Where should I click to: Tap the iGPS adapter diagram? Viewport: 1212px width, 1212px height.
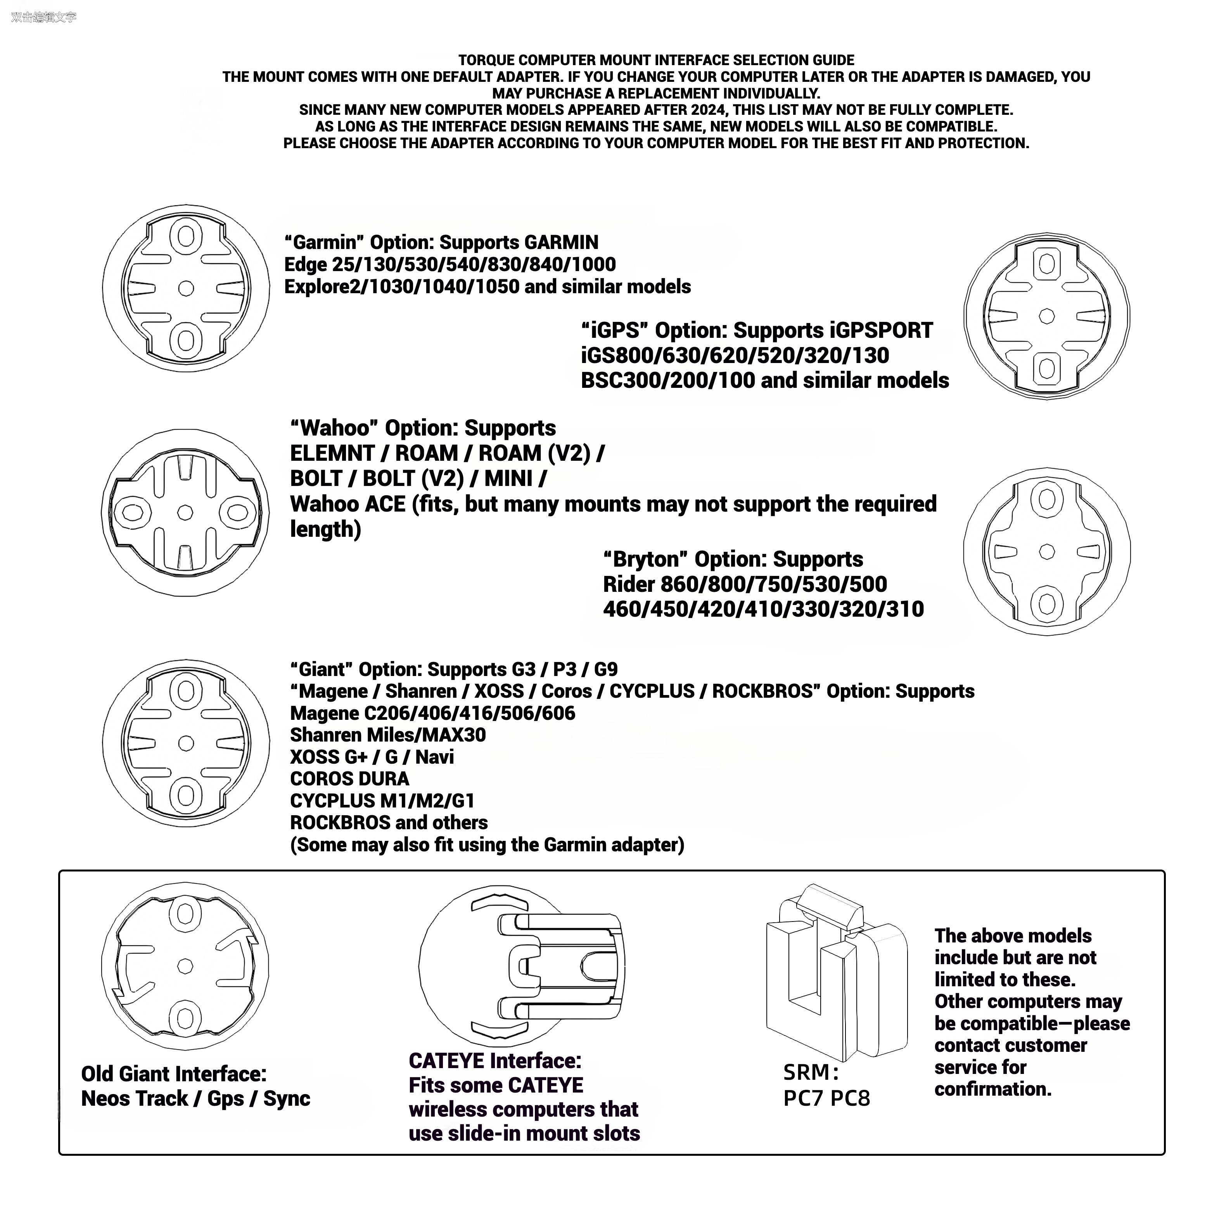tap(1046, 316)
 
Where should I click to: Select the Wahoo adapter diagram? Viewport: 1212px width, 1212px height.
tap(185, 512)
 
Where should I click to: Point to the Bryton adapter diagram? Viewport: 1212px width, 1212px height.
tap(1046, 552)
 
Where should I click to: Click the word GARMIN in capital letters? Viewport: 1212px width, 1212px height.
tap(562, 243)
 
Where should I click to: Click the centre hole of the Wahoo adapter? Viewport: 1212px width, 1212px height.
tap(185, 512)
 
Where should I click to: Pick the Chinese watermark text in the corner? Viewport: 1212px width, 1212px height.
tap(43, 17)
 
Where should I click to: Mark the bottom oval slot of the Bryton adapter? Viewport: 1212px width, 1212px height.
tap(1046, 604)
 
